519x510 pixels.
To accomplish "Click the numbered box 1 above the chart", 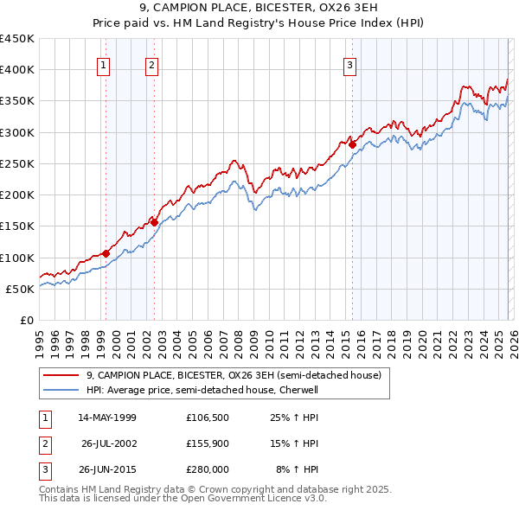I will [104, 64].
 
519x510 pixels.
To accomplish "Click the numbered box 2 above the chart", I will [152, 64].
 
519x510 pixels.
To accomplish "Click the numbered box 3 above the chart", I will [350, 64].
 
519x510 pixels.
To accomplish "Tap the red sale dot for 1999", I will [106, 253].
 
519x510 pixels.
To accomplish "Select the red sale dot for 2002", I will [154, 222].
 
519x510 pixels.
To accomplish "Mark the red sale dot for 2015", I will [352, 144].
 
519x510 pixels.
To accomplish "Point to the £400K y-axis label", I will [17, 70].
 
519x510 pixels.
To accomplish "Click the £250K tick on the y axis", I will [17, 163].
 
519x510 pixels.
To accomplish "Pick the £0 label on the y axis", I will [27, 320].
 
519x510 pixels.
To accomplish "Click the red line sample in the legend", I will [61, 375].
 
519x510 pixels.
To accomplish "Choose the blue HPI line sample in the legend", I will [61, 390].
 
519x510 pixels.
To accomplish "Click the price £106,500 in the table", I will [207, 418].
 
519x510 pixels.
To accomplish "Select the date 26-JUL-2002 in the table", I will [108, 443].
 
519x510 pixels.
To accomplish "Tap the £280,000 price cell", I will [207, 469].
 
